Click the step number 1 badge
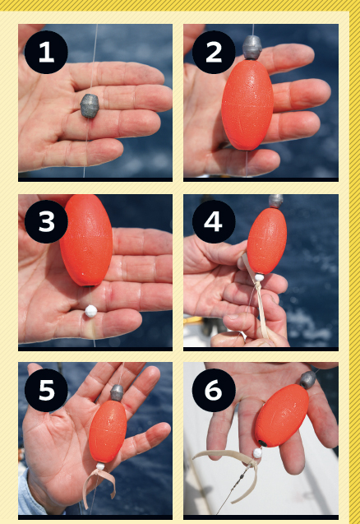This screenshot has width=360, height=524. coord(46,52)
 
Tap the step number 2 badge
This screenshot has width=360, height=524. coord(214,52)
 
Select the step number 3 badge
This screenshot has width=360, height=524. coord(46,221)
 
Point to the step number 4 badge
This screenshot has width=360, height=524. coord(214,221)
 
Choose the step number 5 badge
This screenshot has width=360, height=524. coord(46,390)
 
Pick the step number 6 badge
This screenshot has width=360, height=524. coord(214,390)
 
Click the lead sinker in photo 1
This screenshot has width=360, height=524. coord(90,106)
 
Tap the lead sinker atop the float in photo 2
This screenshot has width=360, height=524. coord(252,48)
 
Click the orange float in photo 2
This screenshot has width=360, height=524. coord(247,104)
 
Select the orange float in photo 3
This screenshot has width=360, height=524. coord(86,240)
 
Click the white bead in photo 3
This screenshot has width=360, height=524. coord(91,311)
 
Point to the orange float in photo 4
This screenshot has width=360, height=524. coord(267,240)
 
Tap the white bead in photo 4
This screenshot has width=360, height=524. coord(259,277)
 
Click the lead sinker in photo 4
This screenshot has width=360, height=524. coord(276,202)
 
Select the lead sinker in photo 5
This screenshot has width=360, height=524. coord(117,392)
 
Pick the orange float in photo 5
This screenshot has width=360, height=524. coord(108,432)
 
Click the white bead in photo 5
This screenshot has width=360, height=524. coord(100,466)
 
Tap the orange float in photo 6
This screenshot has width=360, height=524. coord(282,415)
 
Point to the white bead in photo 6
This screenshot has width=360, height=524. coord(257,453)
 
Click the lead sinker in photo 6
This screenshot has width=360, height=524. coord(307,380)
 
